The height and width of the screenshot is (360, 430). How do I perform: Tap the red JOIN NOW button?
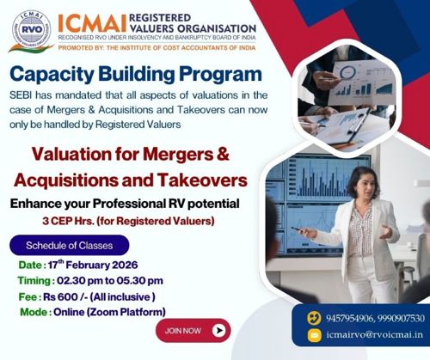193,329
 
